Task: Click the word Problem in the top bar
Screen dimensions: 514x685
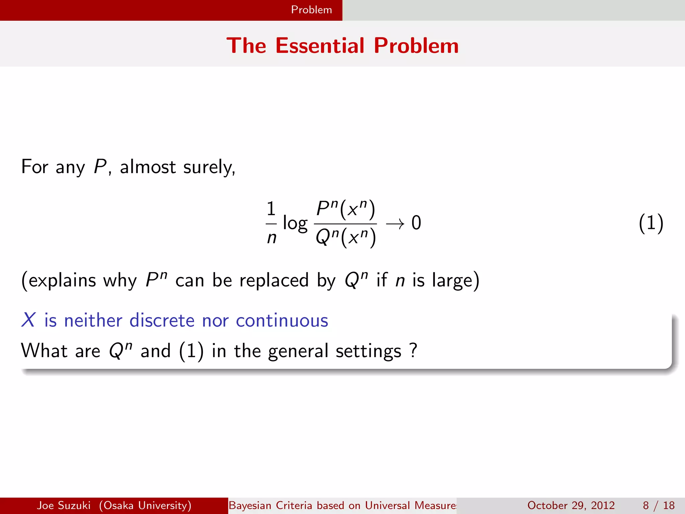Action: tap(311, 10)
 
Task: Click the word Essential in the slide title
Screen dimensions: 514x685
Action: tap(320, 46)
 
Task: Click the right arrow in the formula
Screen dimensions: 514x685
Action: tap(395, 224)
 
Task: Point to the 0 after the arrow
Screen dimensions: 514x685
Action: tap(416, 223)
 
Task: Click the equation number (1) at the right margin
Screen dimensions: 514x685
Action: tap(651, 224)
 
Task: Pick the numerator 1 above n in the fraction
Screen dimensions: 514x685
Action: tap(271, 209)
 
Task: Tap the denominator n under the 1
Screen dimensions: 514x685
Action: tap(272, 238)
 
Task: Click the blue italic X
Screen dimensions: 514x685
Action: tap(28, 320)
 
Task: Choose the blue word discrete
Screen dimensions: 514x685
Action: tap(162, 320)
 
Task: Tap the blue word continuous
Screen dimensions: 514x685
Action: tap(282, 321)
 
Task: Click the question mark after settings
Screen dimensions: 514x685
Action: tap(413, 350)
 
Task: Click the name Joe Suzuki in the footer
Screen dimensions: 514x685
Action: tap(64, 505)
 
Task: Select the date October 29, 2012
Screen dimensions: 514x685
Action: tap(571, 505)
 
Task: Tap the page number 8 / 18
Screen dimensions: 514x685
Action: tap(659, 505)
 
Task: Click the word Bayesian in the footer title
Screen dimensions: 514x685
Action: tap(250, 505)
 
